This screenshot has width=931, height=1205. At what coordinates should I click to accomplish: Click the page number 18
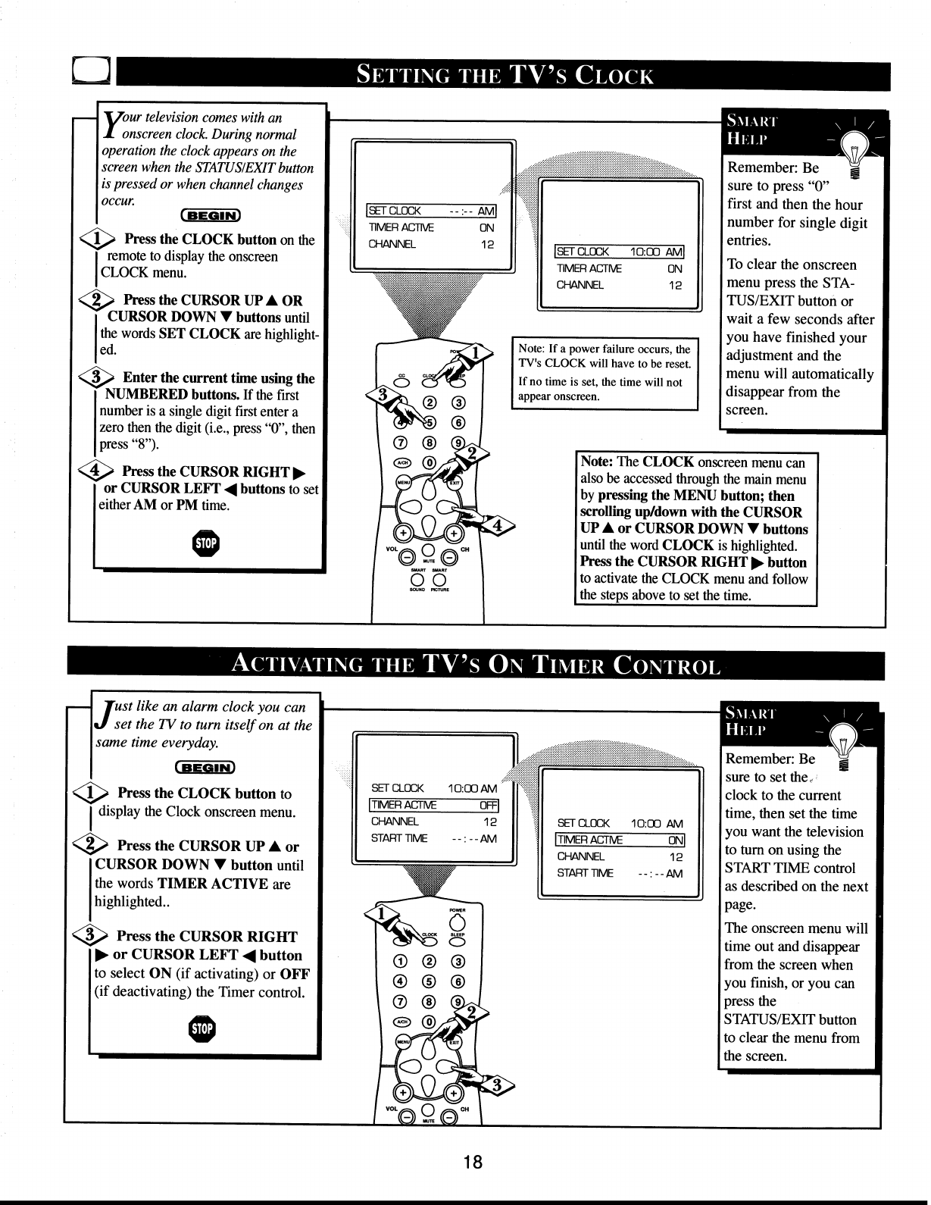click(x=473, y=1163)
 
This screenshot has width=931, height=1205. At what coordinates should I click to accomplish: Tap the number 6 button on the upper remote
click(x=458, y=421)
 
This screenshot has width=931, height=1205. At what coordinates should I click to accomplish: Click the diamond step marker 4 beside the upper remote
click(x=501, y=524)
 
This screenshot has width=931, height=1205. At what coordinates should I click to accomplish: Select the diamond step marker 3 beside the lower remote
click(x=497, y=1086)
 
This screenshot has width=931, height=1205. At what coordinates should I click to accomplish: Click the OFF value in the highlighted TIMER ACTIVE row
click(x=489, y=805)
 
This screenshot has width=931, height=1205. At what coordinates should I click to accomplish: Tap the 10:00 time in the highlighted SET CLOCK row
click(x=645, y=252)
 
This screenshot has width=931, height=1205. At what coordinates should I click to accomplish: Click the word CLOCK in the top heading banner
click(x=614, y=76)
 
